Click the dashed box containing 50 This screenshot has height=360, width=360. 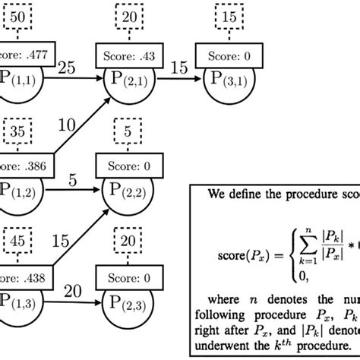17,17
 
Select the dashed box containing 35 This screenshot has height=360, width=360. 17,134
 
